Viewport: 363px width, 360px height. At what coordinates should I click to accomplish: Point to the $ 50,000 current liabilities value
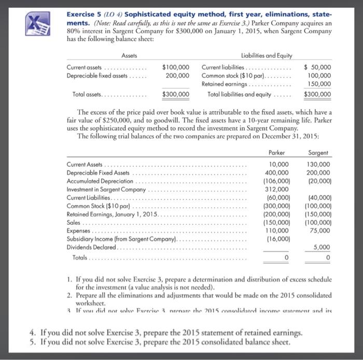click(317, 67)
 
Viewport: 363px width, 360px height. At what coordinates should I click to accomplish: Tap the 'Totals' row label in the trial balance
click(79, 257)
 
